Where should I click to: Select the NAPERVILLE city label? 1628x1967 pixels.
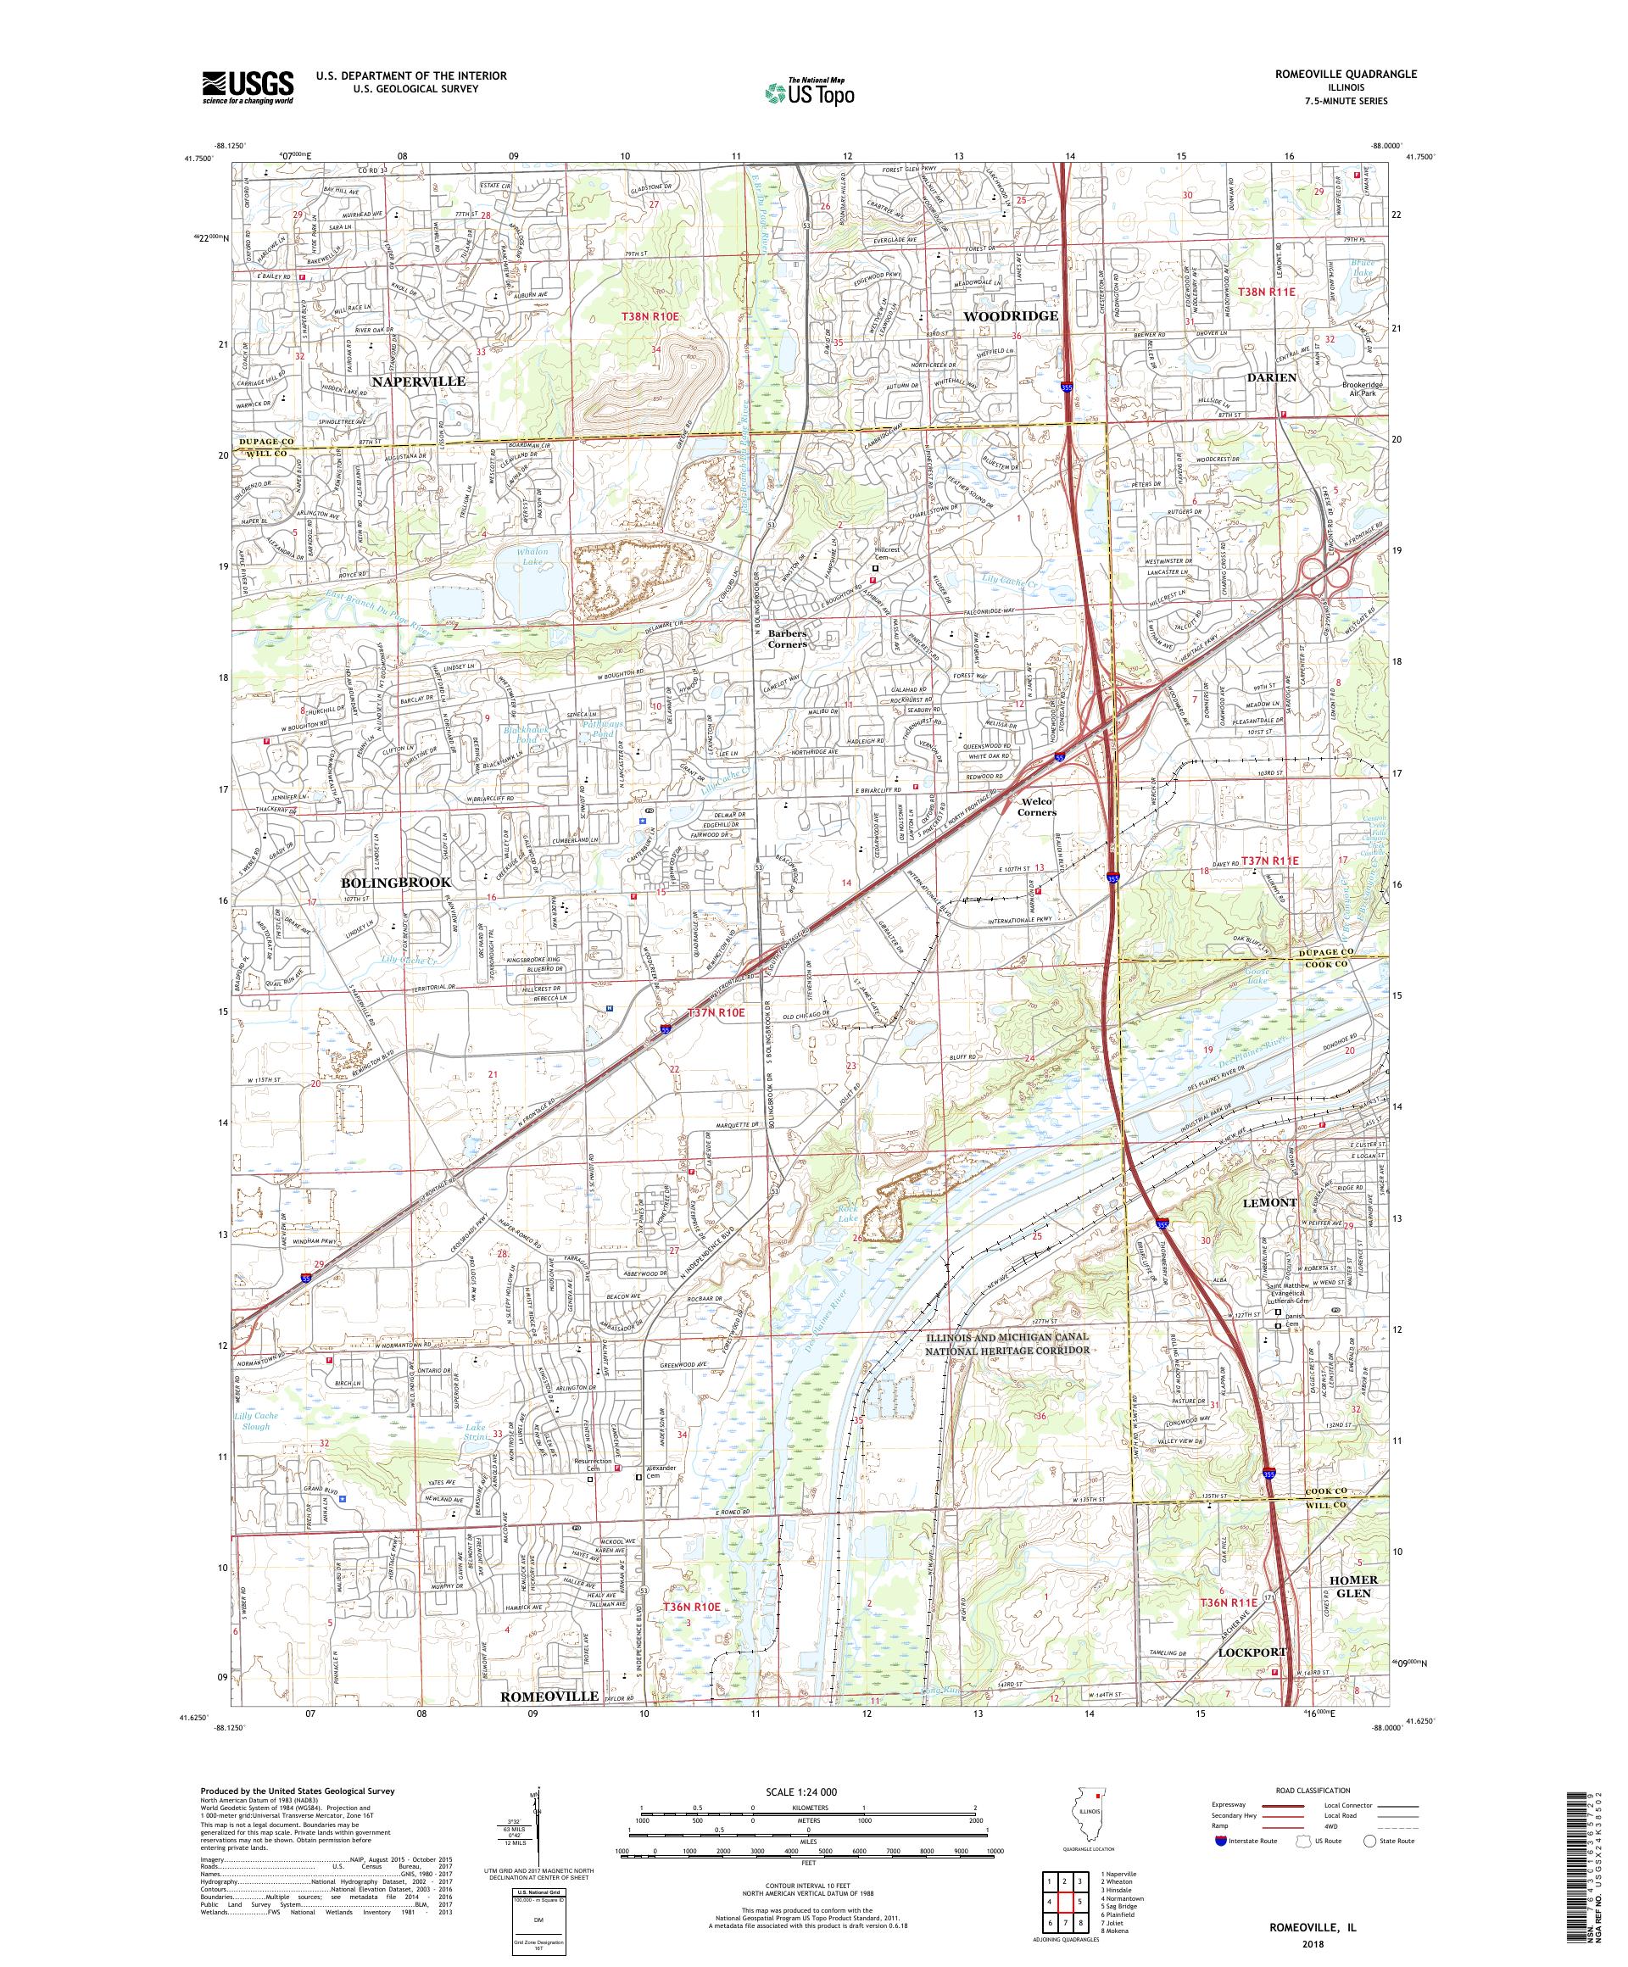point(418,382)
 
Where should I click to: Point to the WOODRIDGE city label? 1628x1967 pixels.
point(1011,315)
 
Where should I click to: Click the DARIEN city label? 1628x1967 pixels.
point(1271,377)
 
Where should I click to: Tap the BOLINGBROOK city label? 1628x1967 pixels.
point(395,883)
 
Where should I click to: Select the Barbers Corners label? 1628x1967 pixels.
point(787,638)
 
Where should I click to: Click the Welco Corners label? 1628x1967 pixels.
point(1037,806)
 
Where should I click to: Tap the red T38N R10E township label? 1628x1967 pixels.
point(650,319)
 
